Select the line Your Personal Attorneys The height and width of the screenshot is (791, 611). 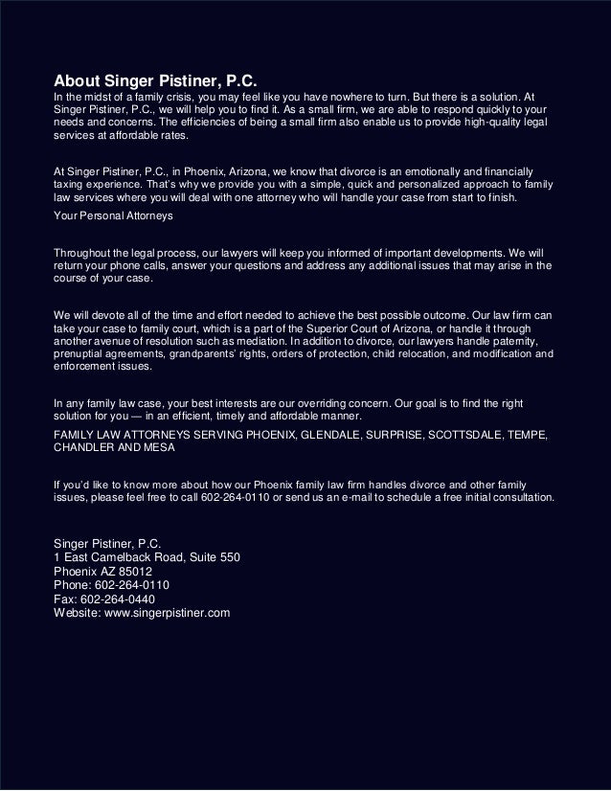pyautogui.click(x=112, y=216)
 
